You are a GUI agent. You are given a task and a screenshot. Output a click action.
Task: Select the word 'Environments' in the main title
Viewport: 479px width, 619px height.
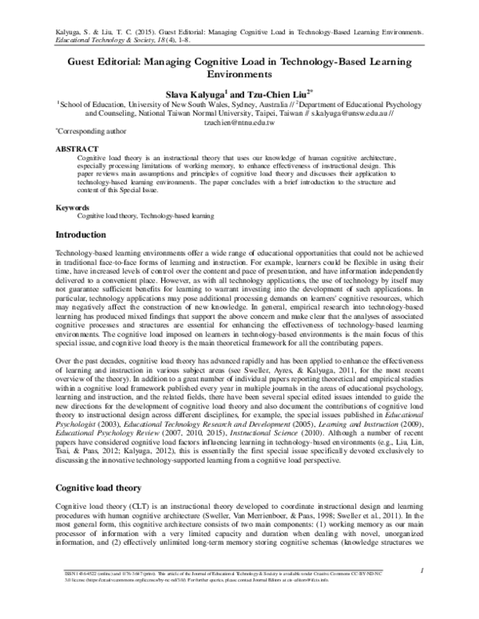(x=239, y=74)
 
